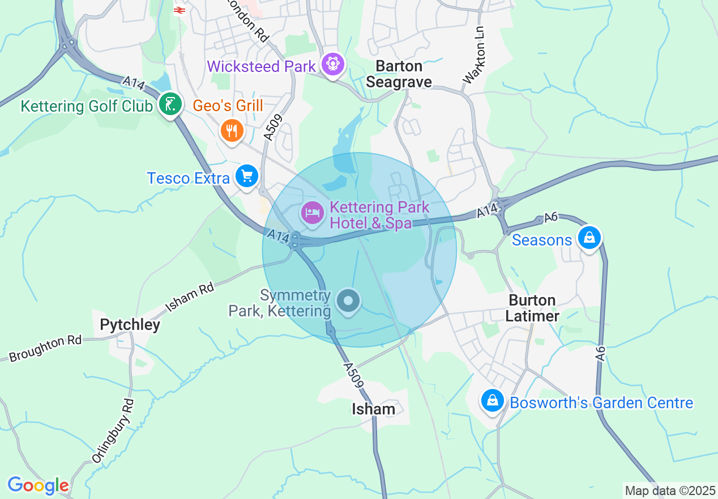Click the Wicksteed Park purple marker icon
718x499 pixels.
[x=333, y=65]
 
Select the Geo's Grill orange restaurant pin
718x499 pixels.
[x=232, y=130]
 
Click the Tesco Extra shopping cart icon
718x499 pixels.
[x=247, y=176]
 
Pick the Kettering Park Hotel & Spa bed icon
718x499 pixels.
[x=312, y=213]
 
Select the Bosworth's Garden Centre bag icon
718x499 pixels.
[x=493, y=401]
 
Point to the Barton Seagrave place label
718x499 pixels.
[x=399, y=74]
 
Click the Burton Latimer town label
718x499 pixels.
[x=532, y=308]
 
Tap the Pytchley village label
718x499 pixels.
[x=130, y=325]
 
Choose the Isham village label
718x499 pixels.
[x=373, y=409]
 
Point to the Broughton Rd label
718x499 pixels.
[x=45, y=349]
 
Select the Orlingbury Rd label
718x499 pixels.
[x=113, y=431]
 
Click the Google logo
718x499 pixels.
[x=38, y=486]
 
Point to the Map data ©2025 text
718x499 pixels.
[x=670, y=490]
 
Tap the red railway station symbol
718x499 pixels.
[x=179, y=10]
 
